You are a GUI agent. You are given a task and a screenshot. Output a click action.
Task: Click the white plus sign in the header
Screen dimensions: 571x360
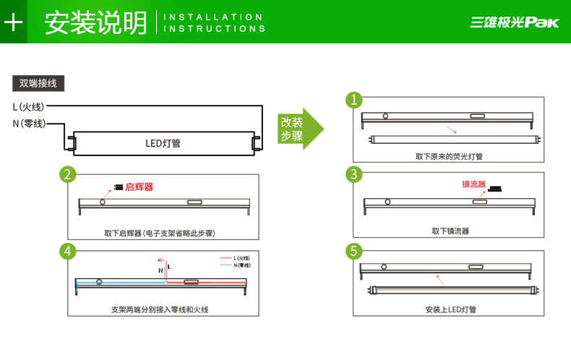click(x=13, y=22)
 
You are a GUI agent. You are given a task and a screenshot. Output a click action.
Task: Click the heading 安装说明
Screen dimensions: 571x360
click(x=95, y=22)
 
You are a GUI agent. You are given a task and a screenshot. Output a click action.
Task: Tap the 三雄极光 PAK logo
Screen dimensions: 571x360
click(x=515, y=22)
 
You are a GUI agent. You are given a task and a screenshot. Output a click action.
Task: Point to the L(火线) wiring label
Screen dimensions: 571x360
click(x=28, y=107)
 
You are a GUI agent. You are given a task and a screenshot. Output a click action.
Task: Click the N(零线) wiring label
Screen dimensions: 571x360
click(x=29, y=124)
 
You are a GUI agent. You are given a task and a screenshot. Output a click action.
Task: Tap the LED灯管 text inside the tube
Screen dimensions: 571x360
click(x=163, y=143)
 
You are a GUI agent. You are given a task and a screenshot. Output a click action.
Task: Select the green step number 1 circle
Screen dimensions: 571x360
click(x=353, y=100)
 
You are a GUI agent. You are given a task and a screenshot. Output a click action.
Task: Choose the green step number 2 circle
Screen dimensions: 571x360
click(x=68, y=174)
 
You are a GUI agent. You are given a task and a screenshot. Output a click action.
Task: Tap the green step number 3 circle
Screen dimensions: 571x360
click(x=353, y=174)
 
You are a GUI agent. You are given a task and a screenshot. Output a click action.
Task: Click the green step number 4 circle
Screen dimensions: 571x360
click(x=68, y=251)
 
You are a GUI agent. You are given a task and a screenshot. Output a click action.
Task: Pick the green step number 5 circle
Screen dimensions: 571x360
click(x=353, y=251)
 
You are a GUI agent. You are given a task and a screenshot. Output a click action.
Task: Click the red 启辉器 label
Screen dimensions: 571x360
click(x=139, y=187)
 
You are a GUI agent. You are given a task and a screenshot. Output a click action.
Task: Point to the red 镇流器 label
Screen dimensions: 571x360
click(x=473, y=184)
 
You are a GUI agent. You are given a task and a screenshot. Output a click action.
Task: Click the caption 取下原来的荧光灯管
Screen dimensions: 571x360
click(x=449, y=156)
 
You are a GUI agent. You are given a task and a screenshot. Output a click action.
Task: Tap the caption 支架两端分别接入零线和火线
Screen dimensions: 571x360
click(x=160, y=309)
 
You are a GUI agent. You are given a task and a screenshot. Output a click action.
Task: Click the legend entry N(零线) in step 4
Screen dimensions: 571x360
click(x=241, y=265)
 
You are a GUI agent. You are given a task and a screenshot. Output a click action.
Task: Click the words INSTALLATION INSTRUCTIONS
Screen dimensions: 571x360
click(x=215, y=22)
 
